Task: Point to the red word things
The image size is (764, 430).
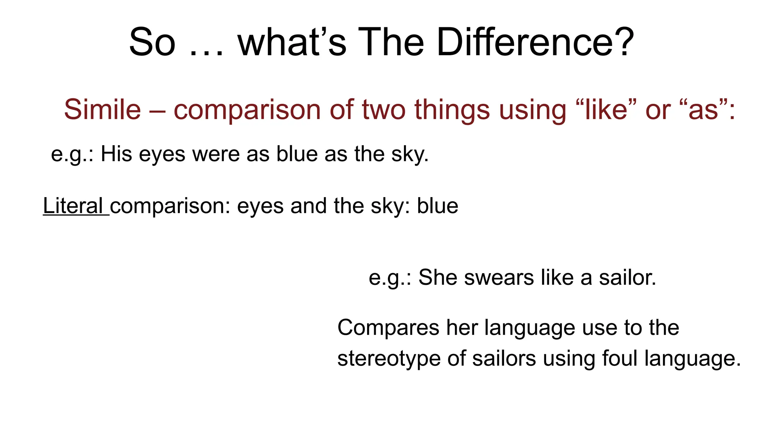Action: click(x=452, y=110)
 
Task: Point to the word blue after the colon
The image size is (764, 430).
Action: click(x=438, y=206)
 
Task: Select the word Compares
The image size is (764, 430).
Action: click(x=388, y=328)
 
